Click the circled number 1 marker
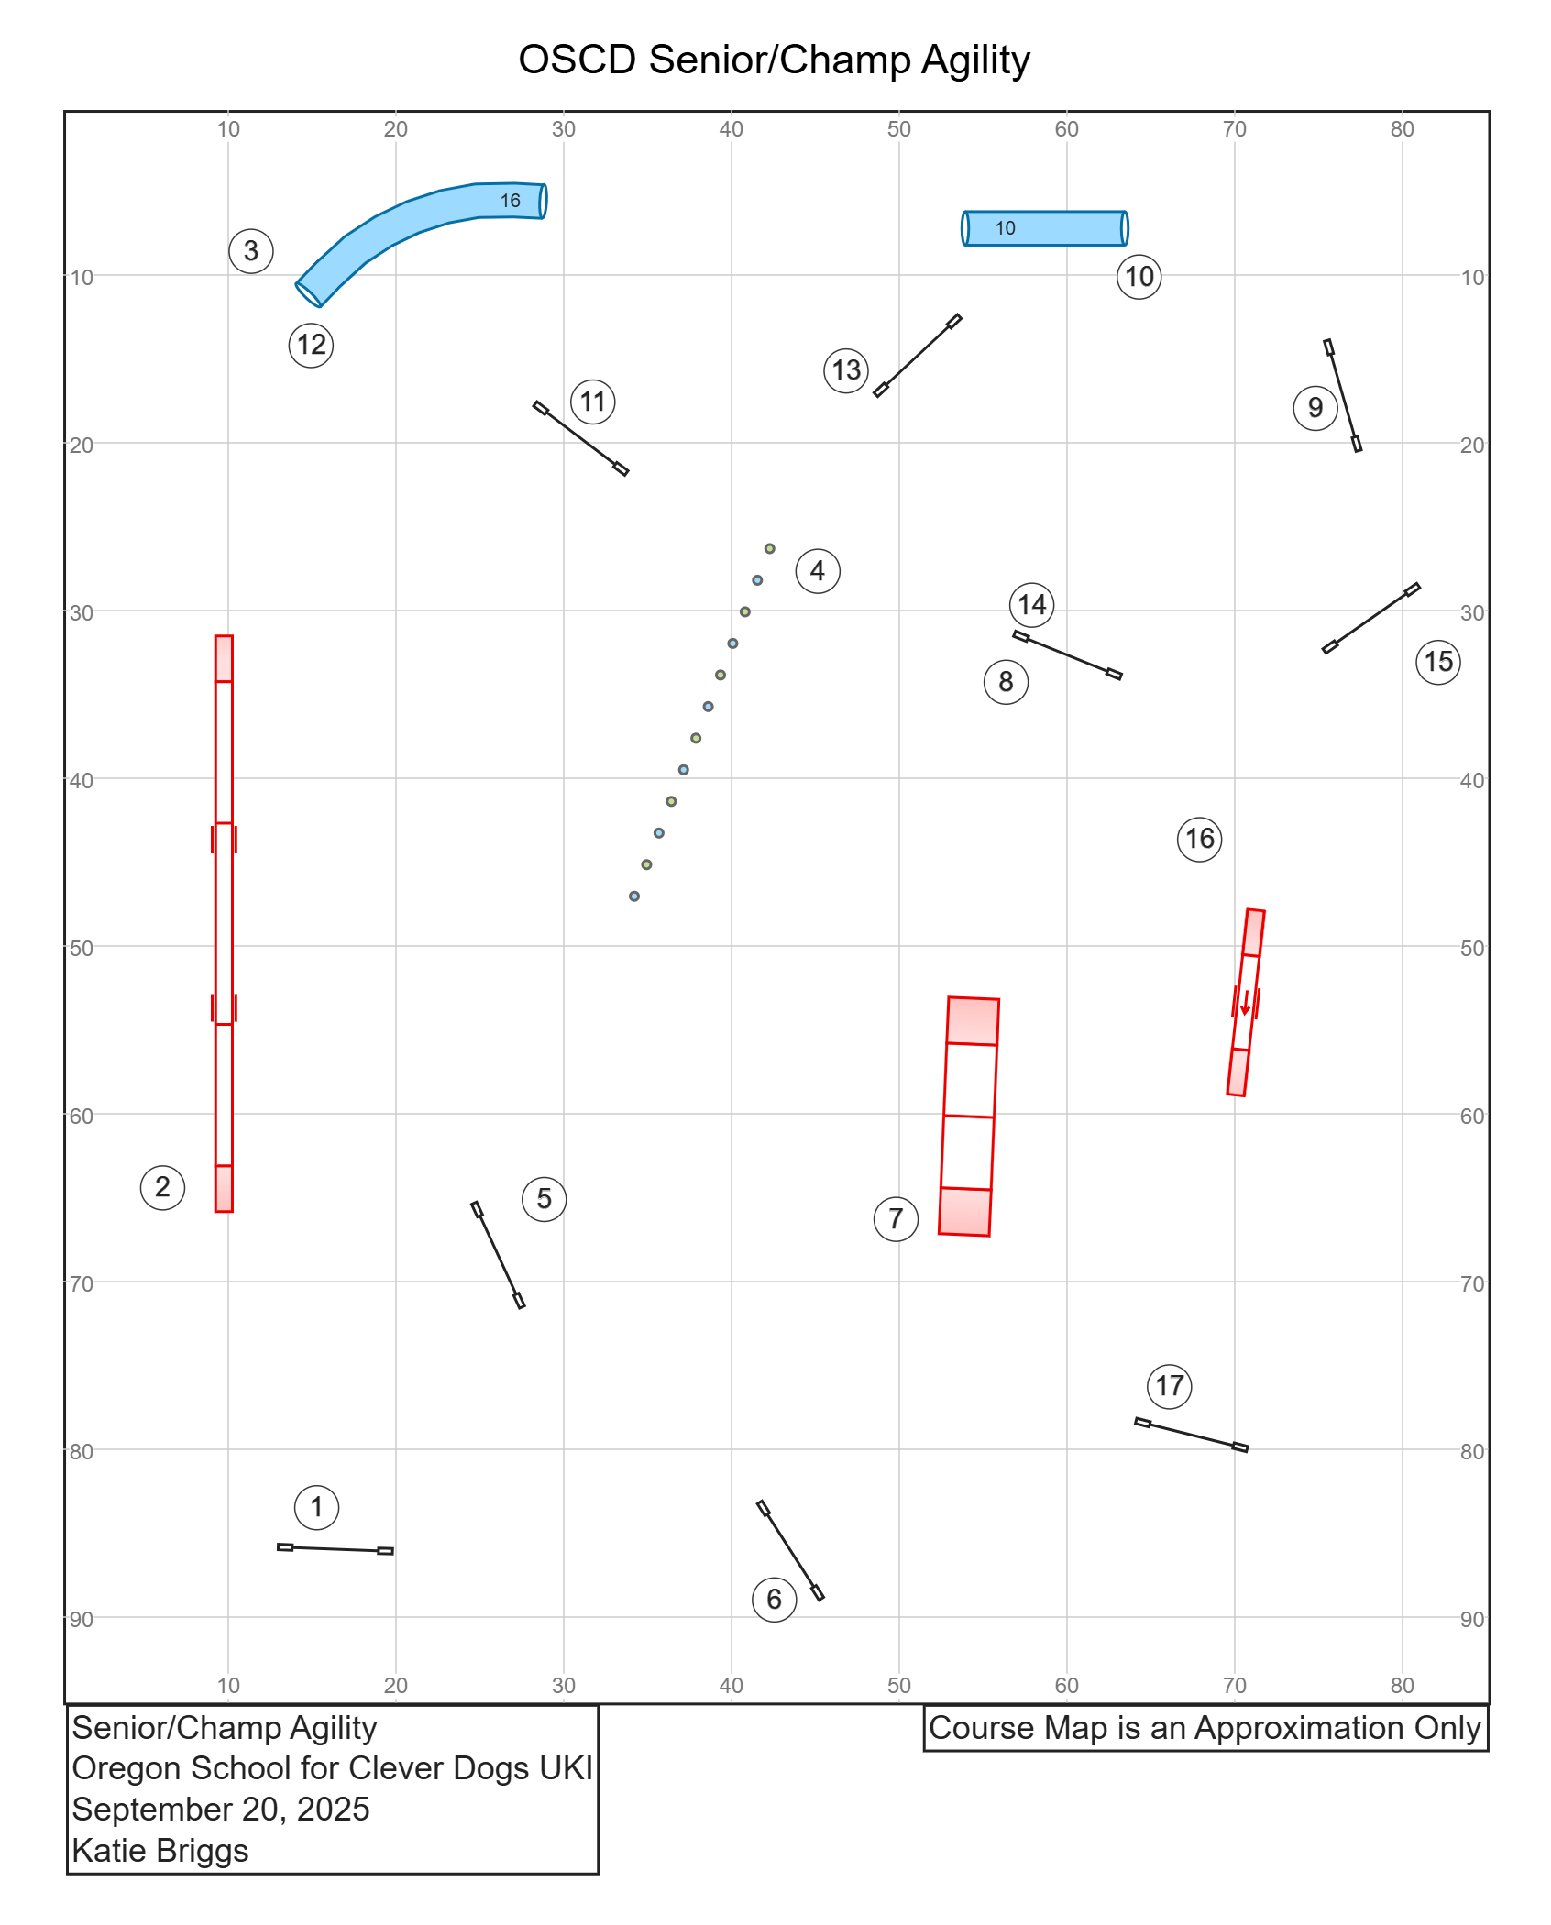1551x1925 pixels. [316, 1507]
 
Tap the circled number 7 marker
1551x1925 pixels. [896, 1219]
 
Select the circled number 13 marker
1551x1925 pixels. [846, 370]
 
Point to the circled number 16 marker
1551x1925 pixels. [1199, 839]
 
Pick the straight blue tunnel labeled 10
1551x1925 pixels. [1045, 228]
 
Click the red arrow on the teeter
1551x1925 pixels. [1245, 1002]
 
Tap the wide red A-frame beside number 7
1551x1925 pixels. [969, 1116]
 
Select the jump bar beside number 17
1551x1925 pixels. [1192, 1435]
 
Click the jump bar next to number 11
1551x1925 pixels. [581, 438]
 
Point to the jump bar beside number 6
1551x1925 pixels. [790, 1550]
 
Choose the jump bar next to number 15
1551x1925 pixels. [1371, 618]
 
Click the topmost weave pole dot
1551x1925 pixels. [770, 549]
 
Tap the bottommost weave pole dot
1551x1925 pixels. [634, 896]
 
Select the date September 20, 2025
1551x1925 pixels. [221, 1809]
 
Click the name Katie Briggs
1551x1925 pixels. [160, 1851]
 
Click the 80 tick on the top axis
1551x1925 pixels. [1402, 129]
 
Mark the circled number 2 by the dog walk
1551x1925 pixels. [162, 1187]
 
